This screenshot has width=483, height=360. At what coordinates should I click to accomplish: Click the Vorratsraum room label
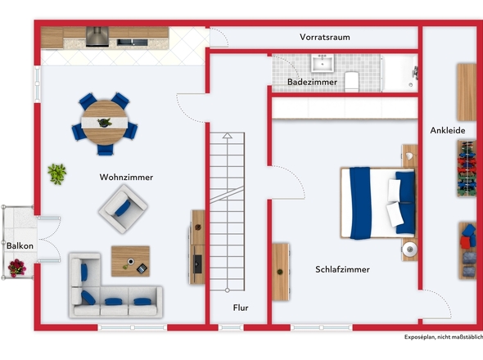325,38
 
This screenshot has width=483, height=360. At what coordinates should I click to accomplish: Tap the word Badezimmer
312,82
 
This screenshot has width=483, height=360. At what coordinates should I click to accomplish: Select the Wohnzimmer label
126,177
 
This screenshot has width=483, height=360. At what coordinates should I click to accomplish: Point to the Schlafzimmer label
342,269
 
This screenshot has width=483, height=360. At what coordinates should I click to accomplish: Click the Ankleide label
448,130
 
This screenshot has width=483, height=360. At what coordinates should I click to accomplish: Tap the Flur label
241,308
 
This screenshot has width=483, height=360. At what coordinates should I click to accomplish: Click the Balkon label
20,245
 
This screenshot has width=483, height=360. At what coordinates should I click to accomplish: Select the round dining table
105,123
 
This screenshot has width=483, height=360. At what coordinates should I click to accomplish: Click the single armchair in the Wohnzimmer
124,209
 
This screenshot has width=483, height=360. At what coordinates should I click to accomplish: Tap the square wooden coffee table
131,261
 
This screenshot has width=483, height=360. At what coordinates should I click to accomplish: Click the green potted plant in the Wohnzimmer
57,174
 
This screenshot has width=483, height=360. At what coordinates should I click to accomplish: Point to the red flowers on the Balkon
17,268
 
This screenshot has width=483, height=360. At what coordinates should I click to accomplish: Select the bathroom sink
323,63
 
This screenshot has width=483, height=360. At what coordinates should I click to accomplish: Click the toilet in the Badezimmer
352,82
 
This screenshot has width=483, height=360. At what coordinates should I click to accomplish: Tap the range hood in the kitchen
97,37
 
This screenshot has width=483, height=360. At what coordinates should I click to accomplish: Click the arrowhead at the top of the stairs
228,135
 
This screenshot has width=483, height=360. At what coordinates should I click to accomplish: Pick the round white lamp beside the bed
409,249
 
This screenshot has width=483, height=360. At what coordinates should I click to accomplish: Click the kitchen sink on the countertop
132,43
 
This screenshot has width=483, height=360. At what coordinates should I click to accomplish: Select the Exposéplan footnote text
444,337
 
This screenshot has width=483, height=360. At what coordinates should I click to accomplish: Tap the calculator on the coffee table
142,268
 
